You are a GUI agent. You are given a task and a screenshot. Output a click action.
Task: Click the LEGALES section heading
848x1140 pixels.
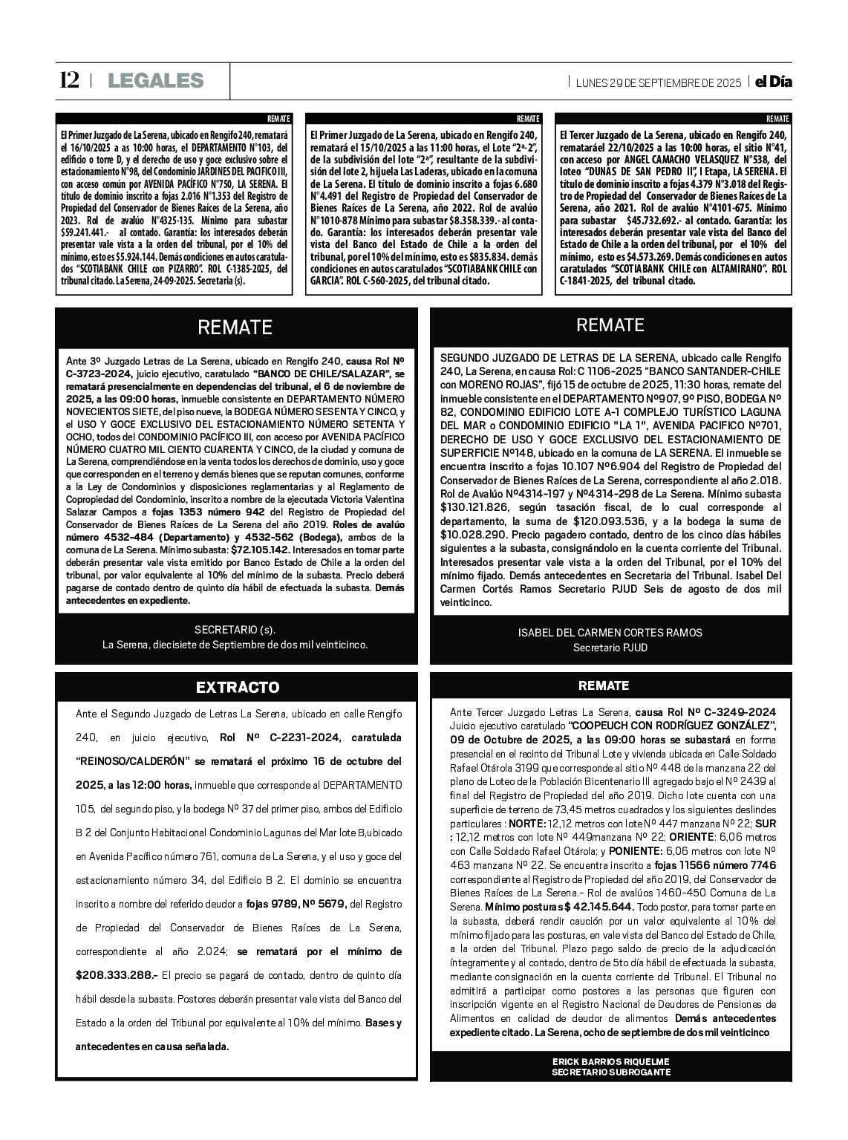(x=155, y=80)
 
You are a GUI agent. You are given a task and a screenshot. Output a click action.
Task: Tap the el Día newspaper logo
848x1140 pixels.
(x=773, y=82)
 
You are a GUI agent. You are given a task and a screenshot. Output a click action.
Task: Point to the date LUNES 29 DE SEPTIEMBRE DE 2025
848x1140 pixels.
(x=659, y=82)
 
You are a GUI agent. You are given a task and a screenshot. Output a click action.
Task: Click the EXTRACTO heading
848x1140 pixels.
(x=238, y=687)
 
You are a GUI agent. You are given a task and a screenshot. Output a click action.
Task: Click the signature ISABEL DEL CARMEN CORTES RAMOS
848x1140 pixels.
(x=610, y=633)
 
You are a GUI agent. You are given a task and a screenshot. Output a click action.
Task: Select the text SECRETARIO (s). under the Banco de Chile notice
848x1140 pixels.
(x=235, y=630)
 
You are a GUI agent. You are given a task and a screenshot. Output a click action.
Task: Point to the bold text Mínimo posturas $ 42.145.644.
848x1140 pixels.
(x=558, y=907)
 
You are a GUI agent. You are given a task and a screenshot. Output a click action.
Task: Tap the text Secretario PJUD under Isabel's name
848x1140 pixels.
(x=610, y=648)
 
